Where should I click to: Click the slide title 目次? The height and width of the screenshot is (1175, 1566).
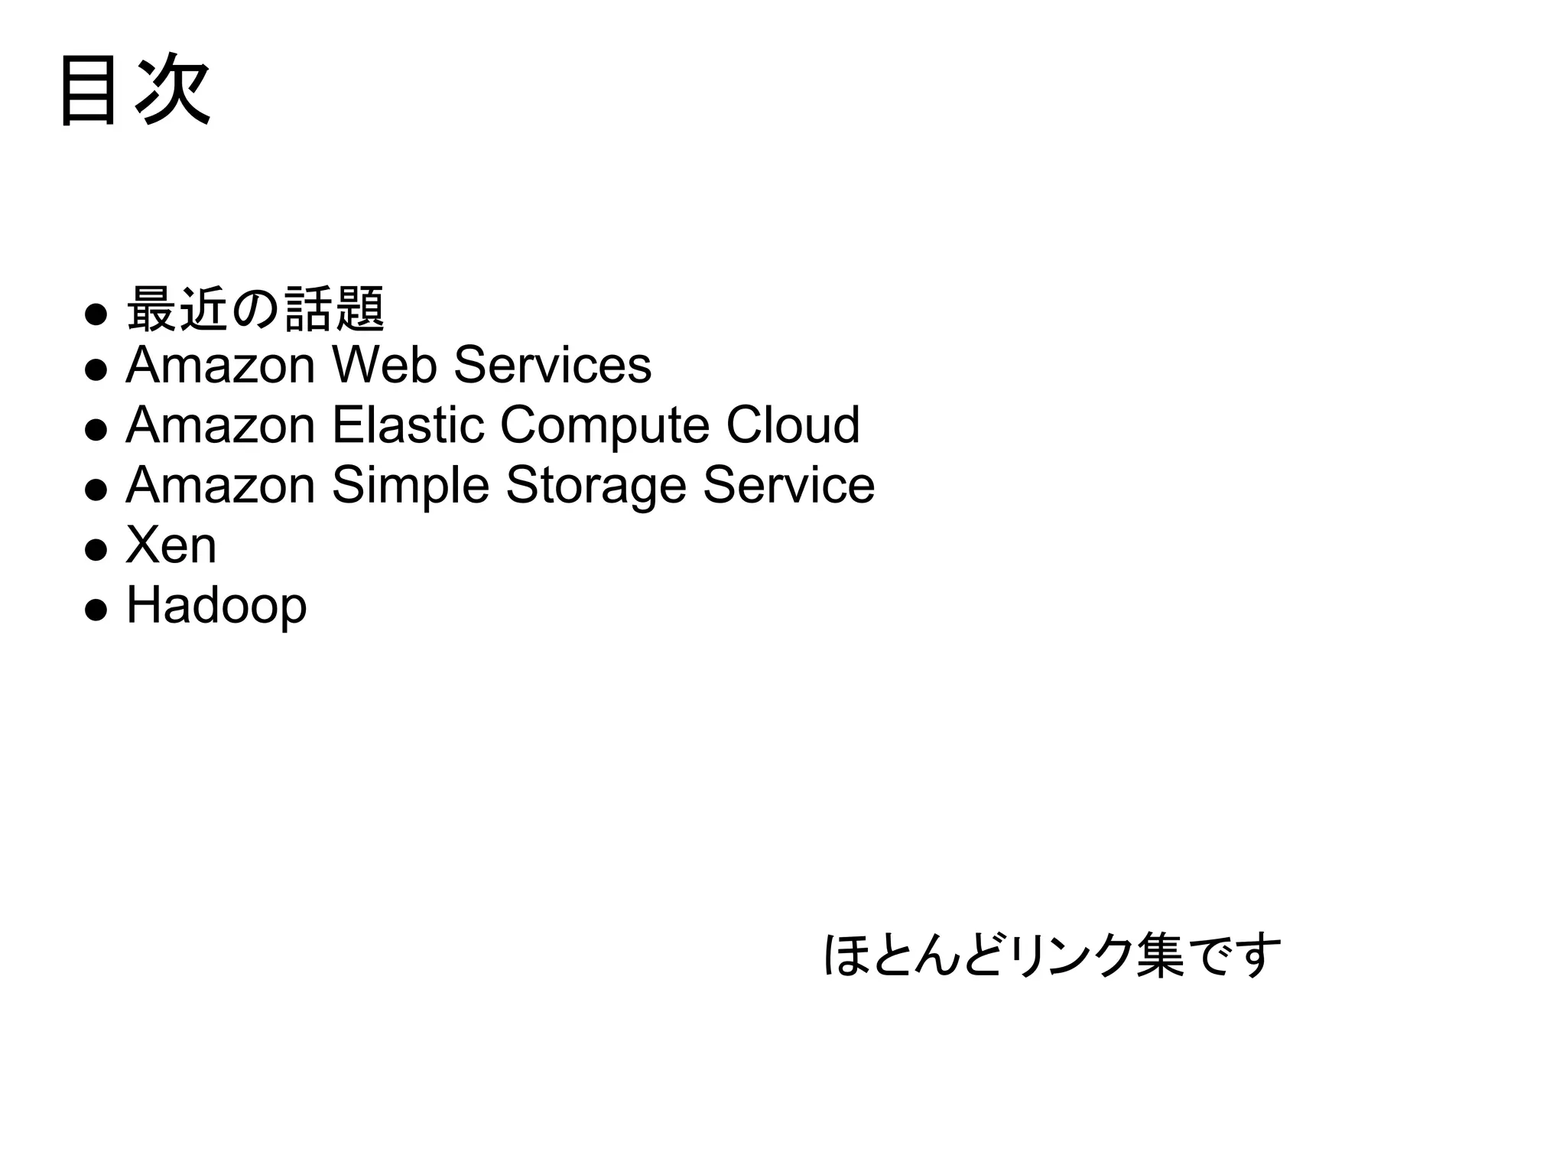[x=135, y=90]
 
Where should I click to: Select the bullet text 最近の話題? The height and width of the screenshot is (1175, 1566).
[x=255, y=310]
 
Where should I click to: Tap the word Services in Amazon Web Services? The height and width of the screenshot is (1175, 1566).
[x=552, y=365]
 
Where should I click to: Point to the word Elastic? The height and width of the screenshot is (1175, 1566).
[x=408, y=425]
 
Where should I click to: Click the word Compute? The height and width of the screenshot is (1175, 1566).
[x=605, y=425]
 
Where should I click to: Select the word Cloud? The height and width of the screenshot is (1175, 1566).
[x=793, y=425]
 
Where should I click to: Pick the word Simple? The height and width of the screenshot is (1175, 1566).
[x=411, y=487]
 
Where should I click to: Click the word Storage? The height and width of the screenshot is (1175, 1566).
[x=596, y=487]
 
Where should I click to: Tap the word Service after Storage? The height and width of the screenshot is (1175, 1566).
[x=788, y=486]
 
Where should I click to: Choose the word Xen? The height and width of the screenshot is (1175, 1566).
[x=171, y=545]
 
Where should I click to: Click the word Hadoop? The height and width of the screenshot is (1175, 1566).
[x=216, y=607]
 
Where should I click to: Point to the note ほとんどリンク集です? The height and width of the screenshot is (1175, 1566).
[x=1052, y=955]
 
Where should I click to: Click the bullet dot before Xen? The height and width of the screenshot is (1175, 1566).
[x=96, y=550]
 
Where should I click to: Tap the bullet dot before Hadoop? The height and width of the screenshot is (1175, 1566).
[x=96, y=610]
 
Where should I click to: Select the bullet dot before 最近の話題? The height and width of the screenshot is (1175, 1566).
[x=96, y=314]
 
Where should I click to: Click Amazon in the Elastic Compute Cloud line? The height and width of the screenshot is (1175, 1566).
[x=220, y=425]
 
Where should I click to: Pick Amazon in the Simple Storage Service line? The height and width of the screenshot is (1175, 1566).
[x=220, y=486]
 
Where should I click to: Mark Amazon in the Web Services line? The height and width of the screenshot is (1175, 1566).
[x=220, y=365]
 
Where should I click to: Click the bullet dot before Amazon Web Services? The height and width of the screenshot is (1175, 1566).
[x=96, y=370]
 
